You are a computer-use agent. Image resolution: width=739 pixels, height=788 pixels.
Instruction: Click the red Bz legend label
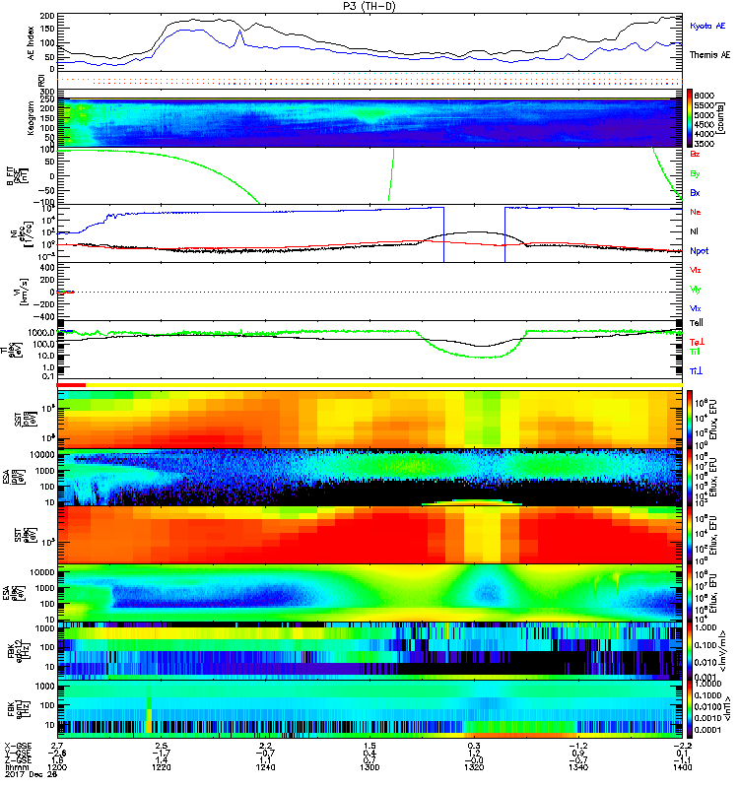[694, 156]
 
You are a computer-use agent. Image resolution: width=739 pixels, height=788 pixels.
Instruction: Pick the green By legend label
[694, 173]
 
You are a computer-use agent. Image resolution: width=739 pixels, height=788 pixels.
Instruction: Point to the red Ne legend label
[695, 213]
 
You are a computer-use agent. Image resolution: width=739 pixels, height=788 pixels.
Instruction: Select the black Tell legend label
[695, 323]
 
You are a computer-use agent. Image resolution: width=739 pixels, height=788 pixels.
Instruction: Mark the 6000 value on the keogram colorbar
[713, 93]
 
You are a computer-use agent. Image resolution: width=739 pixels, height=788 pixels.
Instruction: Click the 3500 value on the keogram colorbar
[713, 143]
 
